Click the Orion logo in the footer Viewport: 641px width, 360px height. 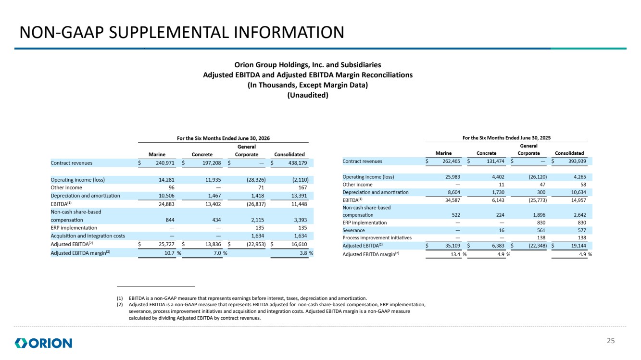pos(43,343)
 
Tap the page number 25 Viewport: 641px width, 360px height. pos(611,341)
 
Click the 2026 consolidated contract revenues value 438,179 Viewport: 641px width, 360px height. pos(298,163)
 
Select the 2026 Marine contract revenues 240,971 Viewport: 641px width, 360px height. pos(165,163)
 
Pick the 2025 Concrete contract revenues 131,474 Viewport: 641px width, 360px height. pos(496,161)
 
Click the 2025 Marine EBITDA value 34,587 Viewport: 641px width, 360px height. pos(452,200)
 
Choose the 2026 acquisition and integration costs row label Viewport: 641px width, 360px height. pos(88,236)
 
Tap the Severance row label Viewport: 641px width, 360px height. pos(354,230)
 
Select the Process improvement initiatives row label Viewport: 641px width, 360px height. pos(377,237)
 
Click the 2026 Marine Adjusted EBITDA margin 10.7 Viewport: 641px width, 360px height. pos(169,253)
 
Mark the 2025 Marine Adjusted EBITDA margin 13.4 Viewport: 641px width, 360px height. pos(455,254)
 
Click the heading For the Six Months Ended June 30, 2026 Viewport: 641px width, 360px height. pos(223,138)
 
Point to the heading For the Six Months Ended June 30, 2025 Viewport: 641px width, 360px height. pos(506,138)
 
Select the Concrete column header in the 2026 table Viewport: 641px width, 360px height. pos(202,154)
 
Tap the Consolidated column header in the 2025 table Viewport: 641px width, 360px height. pos(569,153)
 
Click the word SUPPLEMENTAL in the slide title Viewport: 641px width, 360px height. pos(169,32)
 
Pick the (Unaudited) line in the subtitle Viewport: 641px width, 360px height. pos(308,95)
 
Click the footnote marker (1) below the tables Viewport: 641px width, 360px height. pos(120,298)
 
